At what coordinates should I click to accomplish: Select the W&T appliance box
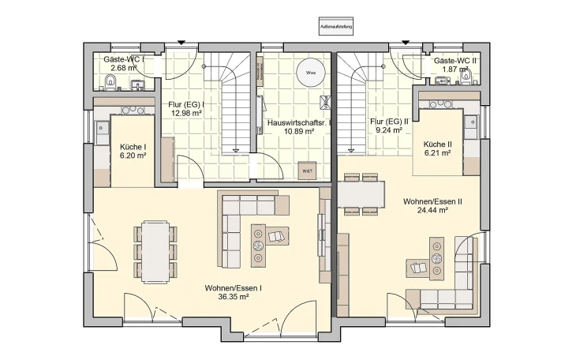[x=306, y=171]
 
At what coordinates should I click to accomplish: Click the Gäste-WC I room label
[x=129, y=60]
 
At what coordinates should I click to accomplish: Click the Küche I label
[x=133, y=147]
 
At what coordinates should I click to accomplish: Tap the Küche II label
[x=437, y=144]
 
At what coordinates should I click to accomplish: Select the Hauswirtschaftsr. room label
[x=299, y=123]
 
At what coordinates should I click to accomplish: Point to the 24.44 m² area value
[x=432, y=211]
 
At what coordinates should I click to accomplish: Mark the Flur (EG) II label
[x=389, y=122]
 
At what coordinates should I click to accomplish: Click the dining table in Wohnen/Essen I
[x=154, y=251]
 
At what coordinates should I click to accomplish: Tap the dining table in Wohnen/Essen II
[x=361, y=193]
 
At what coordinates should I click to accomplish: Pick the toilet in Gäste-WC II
[x=465, y=77]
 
